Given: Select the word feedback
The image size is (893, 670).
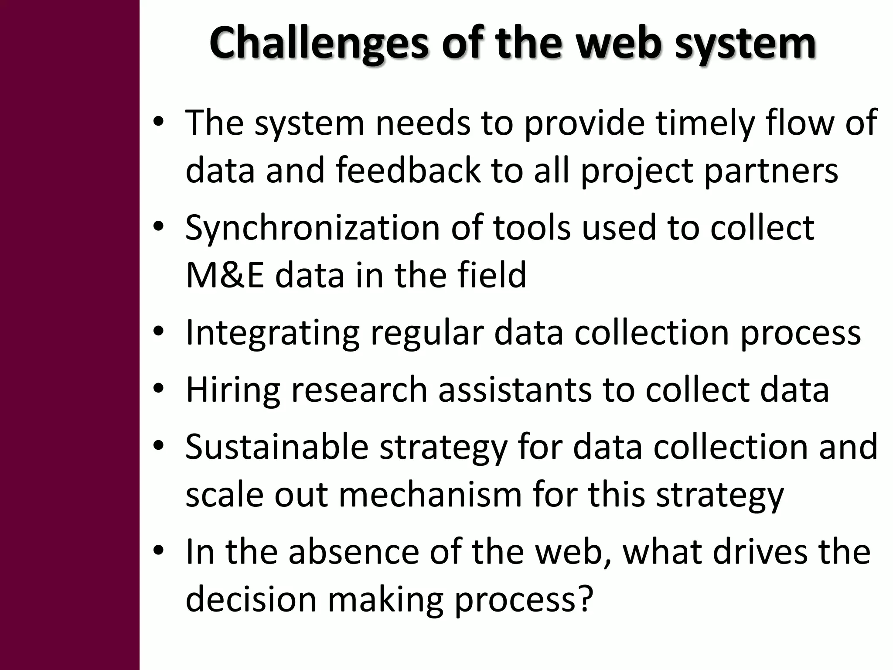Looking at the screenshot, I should coord(408,171).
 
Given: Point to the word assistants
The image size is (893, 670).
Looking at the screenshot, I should coord(515,390).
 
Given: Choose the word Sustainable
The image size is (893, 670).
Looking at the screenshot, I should coord(277,447).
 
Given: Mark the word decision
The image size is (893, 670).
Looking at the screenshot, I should coord(251,600).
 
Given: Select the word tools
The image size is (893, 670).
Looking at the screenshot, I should coord(532,228).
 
